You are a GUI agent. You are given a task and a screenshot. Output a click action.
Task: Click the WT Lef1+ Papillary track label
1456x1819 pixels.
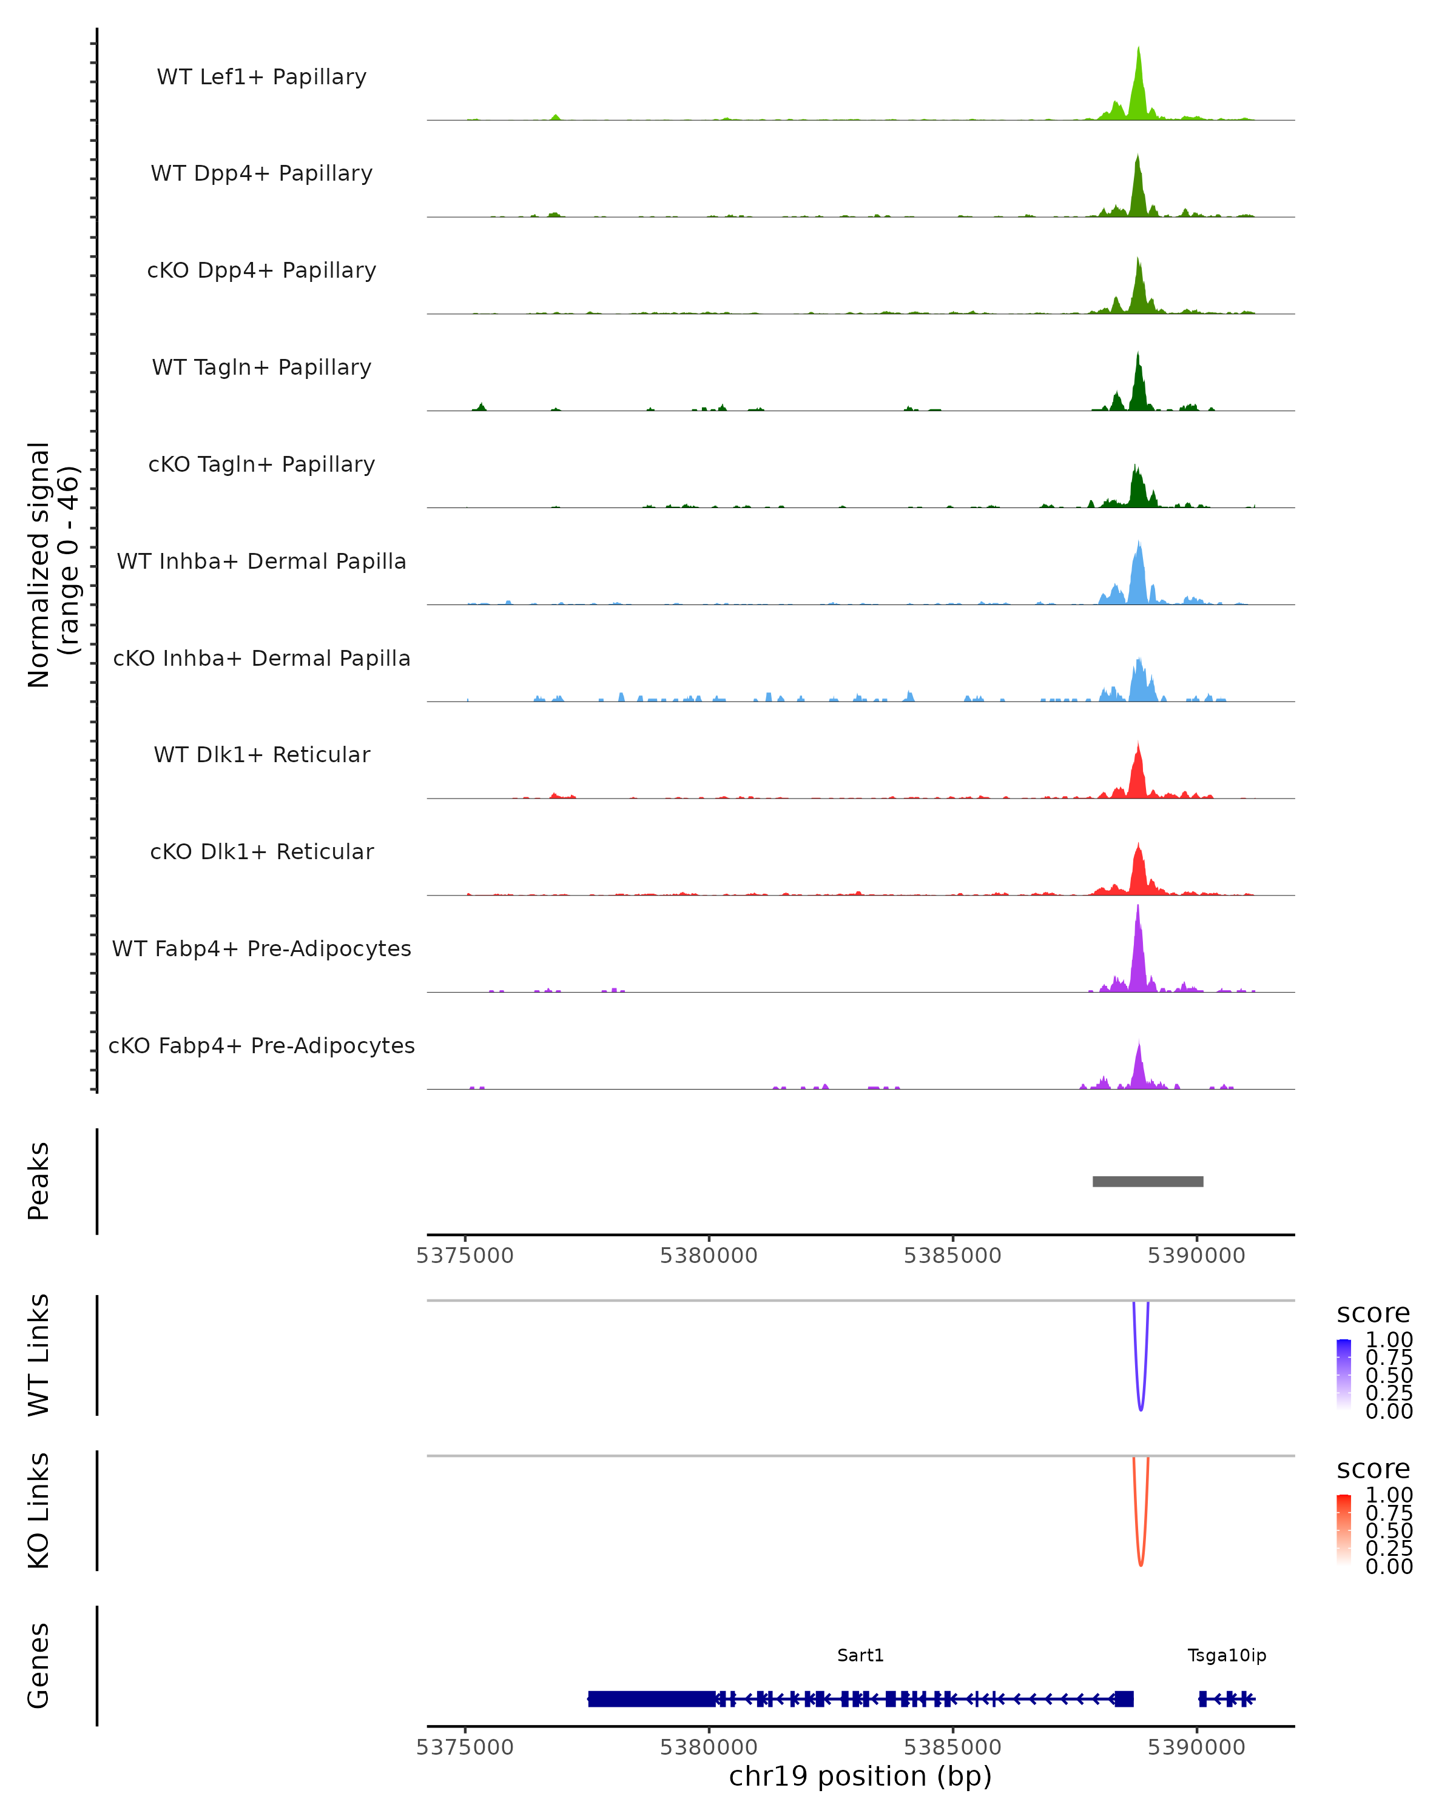pyautogui.click(x=261, y=77)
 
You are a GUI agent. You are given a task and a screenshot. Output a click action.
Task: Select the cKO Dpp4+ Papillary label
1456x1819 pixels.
pyautogui.click(x=261, y=271)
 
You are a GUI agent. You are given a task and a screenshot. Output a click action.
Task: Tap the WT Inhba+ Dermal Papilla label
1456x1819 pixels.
pyautogui.click(x=261, y=562)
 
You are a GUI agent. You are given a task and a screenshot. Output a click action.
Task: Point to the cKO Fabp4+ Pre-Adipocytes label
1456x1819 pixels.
pyautogui.click(x=261, y=1046)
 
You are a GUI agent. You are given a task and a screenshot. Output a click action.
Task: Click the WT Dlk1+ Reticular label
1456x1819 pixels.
pyautogui.click(x=261, y=755)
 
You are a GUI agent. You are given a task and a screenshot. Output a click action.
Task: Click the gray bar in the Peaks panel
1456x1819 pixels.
pyautogui.click(x=1148, y=1181)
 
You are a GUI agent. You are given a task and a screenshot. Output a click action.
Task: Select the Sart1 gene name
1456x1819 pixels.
pyautogui.click(x=860, y=1655)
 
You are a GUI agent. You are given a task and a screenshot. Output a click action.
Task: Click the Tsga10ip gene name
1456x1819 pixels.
pyautogui.click(x=1227, y=1655)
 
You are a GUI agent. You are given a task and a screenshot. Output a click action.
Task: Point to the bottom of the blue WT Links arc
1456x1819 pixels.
pyautogui.click(x=1141, y=1409)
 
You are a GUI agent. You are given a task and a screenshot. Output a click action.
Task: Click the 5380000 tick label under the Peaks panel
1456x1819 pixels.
pyautogui.click(x=708, y=1256)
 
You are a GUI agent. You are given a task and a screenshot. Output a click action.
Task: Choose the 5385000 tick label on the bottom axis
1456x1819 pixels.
pyautogui.click(x=952, y=1748)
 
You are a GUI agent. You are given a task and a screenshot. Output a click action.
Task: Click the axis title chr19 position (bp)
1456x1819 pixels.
pyautogui.click(x=860, y=1777)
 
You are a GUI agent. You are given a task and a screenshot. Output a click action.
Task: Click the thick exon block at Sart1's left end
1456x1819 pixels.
pyautogui.click(x=652, y=1698)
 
